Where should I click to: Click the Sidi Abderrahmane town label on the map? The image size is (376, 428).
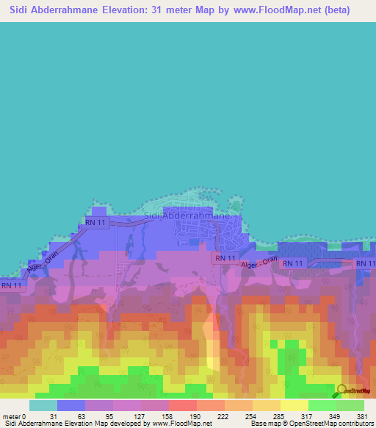coord(191,216)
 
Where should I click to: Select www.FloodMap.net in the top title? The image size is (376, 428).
coord(275,10)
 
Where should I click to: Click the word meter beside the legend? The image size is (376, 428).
coord(12,416)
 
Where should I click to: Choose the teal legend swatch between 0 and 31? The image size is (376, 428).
coord(43,405)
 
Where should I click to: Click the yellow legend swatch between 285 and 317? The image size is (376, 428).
coord(294,405)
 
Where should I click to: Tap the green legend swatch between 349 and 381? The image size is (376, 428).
coord(350,405)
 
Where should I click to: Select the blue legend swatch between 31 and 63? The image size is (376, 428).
coord(71,405)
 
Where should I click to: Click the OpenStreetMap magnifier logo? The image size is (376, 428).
coord(342,389)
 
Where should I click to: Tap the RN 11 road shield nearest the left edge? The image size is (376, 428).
coord(10,285)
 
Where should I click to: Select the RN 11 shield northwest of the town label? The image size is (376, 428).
coord(95,222)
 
